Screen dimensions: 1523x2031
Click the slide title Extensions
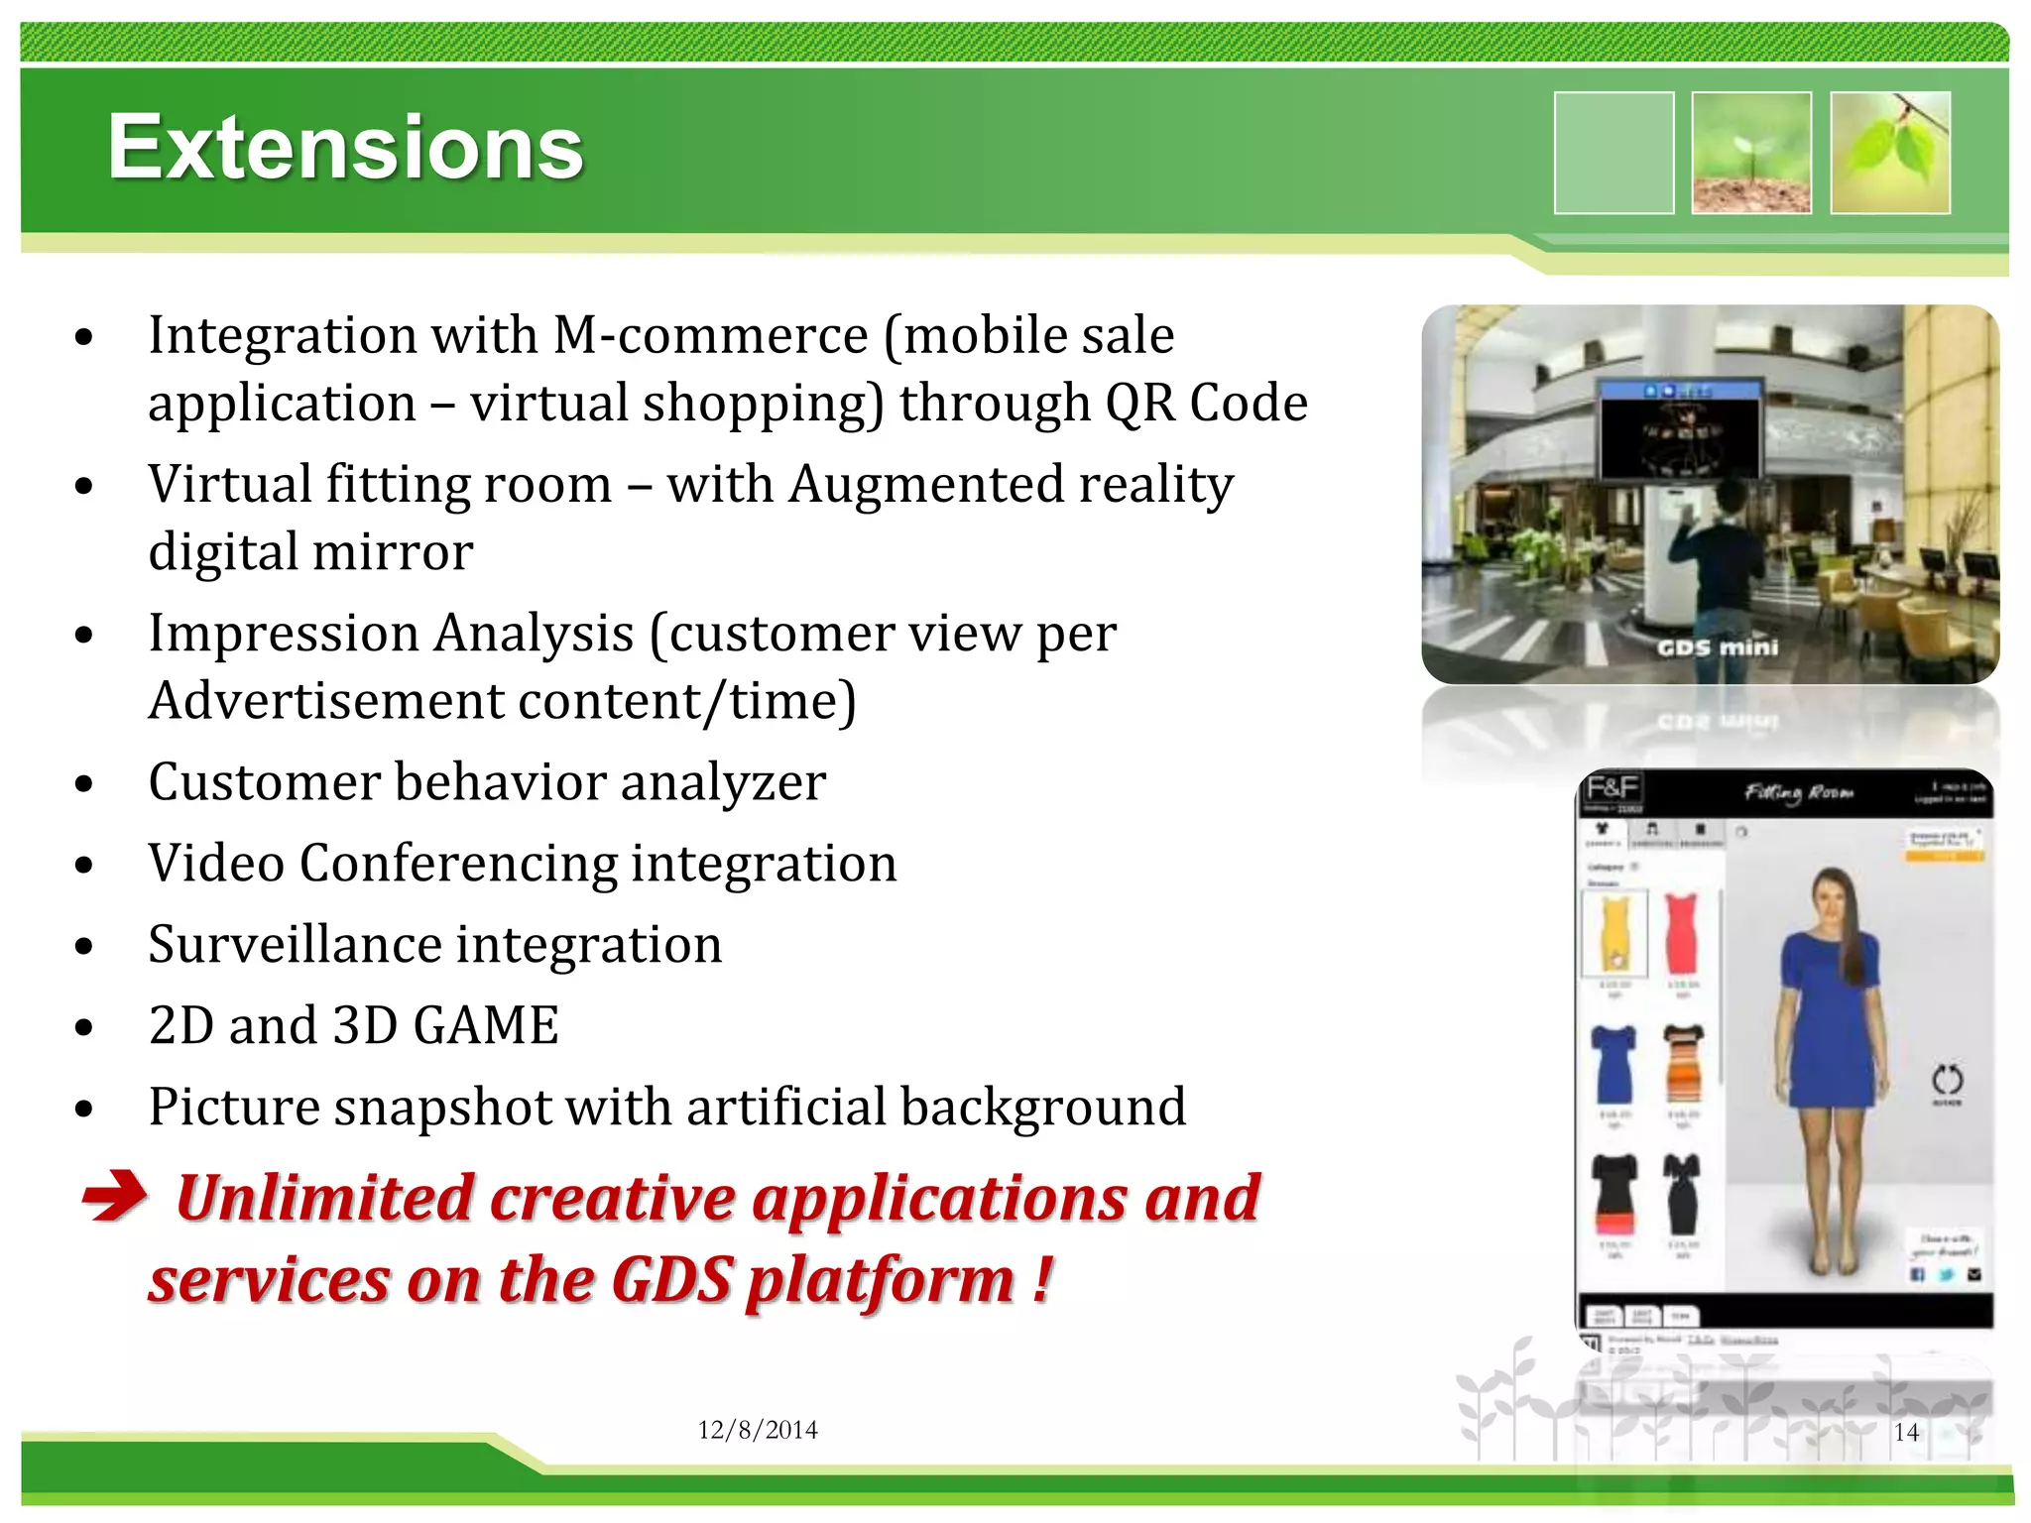pos(345,148)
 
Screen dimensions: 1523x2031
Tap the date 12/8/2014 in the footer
pos(757,1430)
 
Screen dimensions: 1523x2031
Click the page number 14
pos(1905,1432)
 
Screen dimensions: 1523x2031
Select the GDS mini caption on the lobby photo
pos(1718,647)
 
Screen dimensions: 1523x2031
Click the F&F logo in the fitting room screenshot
pos(1612,788)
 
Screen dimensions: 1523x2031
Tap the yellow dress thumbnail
pos(1614,932)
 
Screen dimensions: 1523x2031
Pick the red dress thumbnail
pos(1682,932)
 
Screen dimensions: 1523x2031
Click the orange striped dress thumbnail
pos(1683,1064)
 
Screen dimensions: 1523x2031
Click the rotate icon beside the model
pos(1947,1080)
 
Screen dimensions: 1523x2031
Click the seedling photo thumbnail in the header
pos(1751,153)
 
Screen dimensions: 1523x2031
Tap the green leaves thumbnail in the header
pos(1889,153)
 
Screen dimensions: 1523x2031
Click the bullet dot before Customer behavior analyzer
pos(84,785)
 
